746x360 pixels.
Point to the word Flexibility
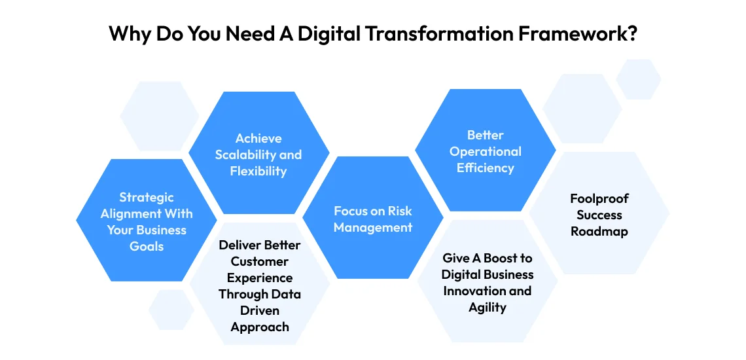click(x=258, y=171)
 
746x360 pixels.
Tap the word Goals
click(x=147, y=247)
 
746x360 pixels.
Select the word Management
click(x=373, y=228)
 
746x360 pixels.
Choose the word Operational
click(x=486, y=151)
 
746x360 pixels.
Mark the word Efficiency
click(x=486, y=168)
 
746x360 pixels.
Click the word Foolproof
click(x=599, y=198)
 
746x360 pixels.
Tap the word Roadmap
click(x=599, y=232)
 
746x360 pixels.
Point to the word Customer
click(x=260, y=262)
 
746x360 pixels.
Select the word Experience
click(x=260, y=278)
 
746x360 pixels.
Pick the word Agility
click(x=488, y=307)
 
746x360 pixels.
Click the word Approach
click(x=260, y=327)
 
